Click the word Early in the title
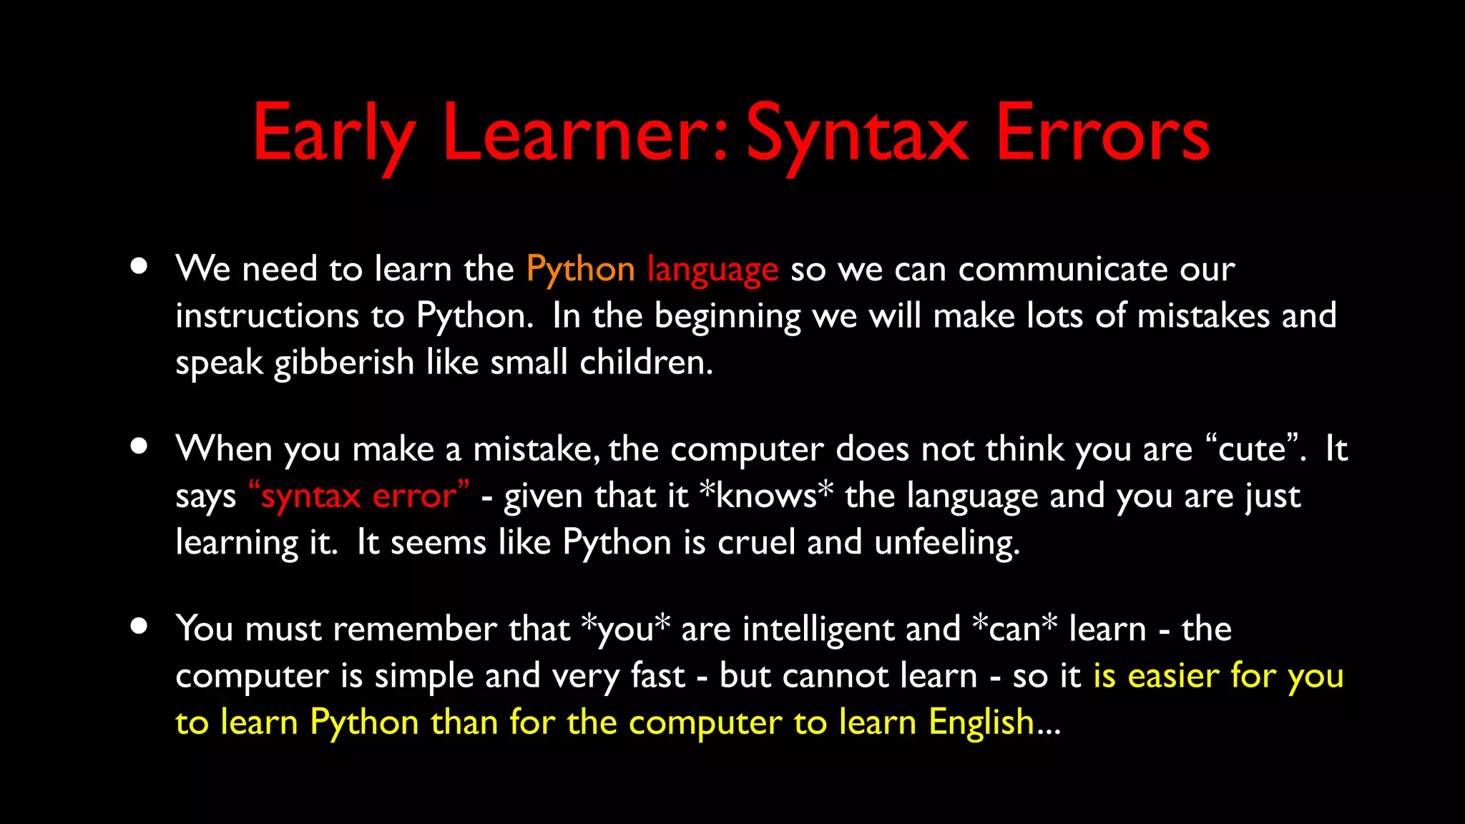[x=333, y=134]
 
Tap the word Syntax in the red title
[x=857, y=134]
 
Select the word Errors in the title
[x=1102, y=134]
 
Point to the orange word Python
[x=580, y=270]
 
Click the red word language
[x=712, y=270]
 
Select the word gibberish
[x=344, y=363]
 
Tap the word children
[x=646, y=363]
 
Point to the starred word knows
[x=766, y=496]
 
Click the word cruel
[x=756, y=542]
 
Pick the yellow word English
[x=981, y=723]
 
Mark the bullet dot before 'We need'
[x=139, y=267]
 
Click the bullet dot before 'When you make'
[x=139, y=446]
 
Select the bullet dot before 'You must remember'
[x=139, y=627]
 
